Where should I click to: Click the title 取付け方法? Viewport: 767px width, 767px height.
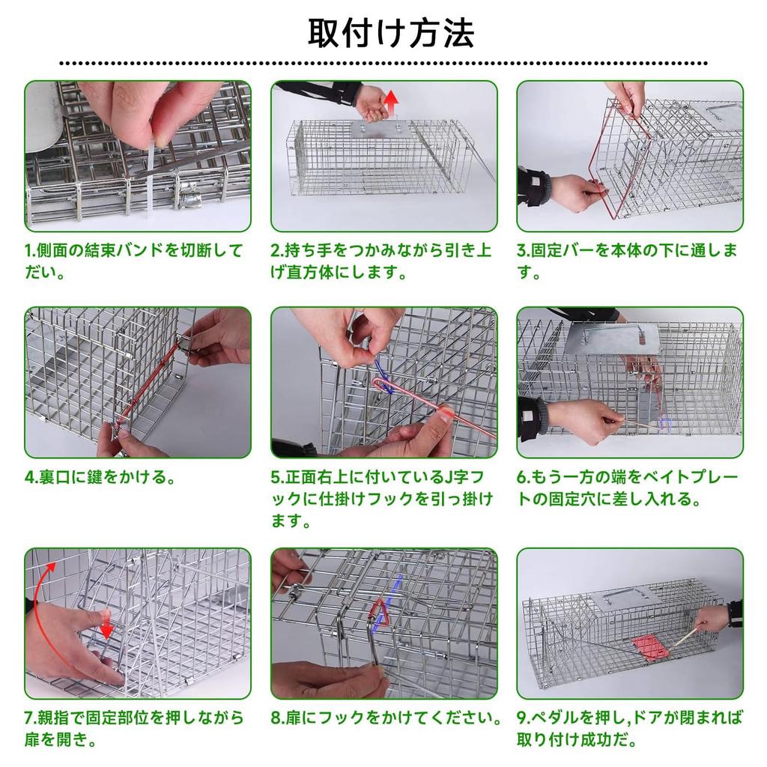pos(390,32)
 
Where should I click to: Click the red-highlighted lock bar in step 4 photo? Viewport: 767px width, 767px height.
pos(147,385)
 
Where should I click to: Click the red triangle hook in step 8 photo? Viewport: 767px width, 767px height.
pos(383,613)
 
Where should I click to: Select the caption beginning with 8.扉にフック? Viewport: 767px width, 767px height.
pos(385,718)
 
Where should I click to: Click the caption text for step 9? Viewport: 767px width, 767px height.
pos(629,729)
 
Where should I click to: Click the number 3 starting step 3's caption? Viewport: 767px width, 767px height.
pos(521,251)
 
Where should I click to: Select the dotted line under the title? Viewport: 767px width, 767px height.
pos(383,64)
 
